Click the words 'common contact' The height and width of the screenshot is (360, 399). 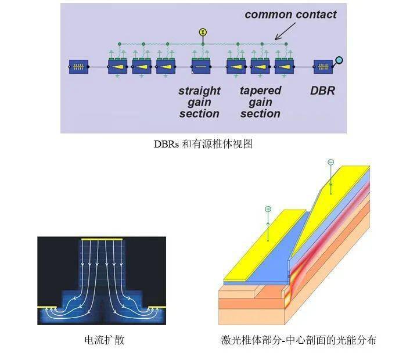pos(290,14)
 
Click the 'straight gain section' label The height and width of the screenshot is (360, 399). pos(199,102)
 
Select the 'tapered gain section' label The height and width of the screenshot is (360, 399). pos(260,102)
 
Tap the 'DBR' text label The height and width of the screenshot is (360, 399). pos(322,91)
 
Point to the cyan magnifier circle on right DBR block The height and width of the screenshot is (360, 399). pos(339,59)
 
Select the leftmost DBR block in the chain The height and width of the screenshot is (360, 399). pos(77,67)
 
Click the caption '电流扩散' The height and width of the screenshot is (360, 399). pos(105,340)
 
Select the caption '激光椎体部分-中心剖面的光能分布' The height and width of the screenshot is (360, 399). pos(298,340)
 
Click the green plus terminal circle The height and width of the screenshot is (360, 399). pos(268,208)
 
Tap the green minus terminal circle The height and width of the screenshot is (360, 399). pos(330,163)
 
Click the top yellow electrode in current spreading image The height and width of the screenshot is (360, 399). pos(102,239)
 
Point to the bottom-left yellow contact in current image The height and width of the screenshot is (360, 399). pos(46,307)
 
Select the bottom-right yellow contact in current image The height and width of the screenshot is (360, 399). pos(156,307)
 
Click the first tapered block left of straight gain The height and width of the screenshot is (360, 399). pos(166,67)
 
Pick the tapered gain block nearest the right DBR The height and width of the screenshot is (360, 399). pos(284,67)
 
